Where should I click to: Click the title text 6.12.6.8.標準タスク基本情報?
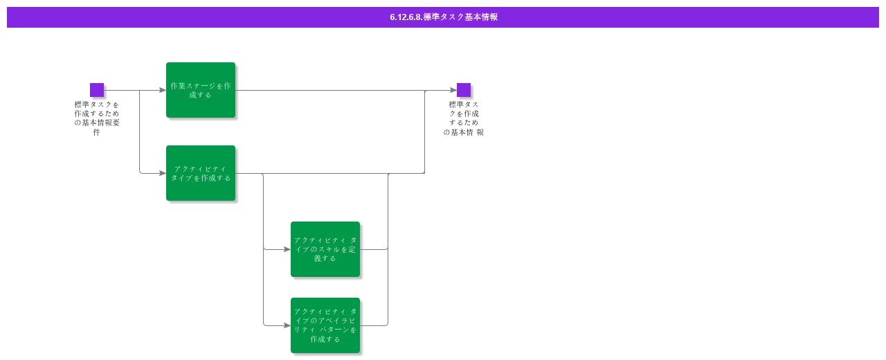click(x=443, y=17)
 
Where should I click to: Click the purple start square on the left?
click(x=97, y=90)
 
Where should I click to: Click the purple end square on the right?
click(x=464, y=90)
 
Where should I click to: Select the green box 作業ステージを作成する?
click(x=201, y=90)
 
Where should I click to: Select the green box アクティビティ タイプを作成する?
click(x=201, y=173)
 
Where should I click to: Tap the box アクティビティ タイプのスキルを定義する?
click(x=325, y=249)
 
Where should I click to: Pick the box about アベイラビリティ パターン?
click(x=325, y=325)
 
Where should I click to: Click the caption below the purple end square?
click(x=464, y=118)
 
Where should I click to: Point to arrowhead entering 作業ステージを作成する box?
click(x=163, y=90)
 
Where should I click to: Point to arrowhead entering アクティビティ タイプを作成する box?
click(x=163, y=173)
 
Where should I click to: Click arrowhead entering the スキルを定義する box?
click(x=287, y=249)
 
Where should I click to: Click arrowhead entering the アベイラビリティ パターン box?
click(x=287, y=325)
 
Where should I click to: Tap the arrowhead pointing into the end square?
click(x=453, y=90)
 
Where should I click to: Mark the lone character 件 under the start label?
click(x=97, y=132)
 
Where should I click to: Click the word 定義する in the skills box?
click(x=325, y=258)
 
